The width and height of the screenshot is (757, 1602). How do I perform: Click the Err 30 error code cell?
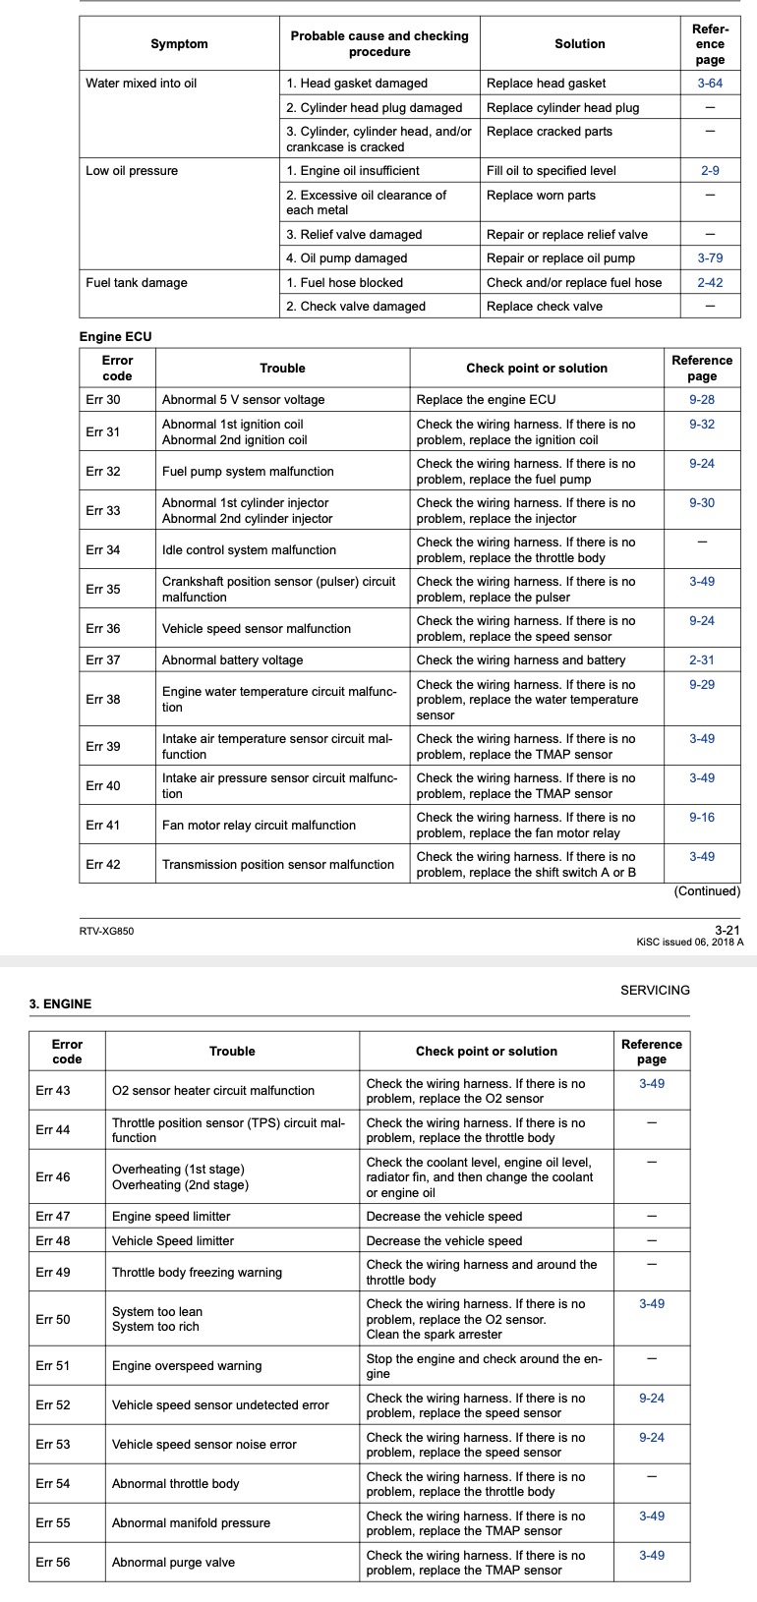coord(103,400)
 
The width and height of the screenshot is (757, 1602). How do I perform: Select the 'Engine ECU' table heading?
coord(116,337)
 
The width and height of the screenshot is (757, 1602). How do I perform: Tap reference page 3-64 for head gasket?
coord(710,84)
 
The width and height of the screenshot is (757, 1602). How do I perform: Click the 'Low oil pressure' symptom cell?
coord(132,171)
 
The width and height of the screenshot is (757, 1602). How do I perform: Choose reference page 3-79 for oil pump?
coord(710,258)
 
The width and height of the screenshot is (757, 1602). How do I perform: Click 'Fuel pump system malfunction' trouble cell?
coord(248,472)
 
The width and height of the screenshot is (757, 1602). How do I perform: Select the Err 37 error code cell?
coord(103,660)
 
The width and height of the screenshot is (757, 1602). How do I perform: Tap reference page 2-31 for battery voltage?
coord(702,660)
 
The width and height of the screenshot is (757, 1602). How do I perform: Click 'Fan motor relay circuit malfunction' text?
coord(259,826)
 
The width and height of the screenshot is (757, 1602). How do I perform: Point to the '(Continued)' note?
coord(707,891)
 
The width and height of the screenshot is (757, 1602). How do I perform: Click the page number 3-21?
coord(727,930)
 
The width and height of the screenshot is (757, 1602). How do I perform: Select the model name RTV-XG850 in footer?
coord(106,931)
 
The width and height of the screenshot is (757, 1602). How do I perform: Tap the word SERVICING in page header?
coord(655,991)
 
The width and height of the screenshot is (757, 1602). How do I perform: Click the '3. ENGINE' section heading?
coord(61,1004)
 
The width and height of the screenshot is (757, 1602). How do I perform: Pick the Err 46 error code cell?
coord(53,1177)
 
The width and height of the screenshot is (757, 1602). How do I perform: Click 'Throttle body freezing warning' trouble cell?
coord(197,1273)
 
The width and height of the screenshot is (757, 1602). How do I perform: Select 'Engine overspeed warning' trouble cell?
coord(187,1366)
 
